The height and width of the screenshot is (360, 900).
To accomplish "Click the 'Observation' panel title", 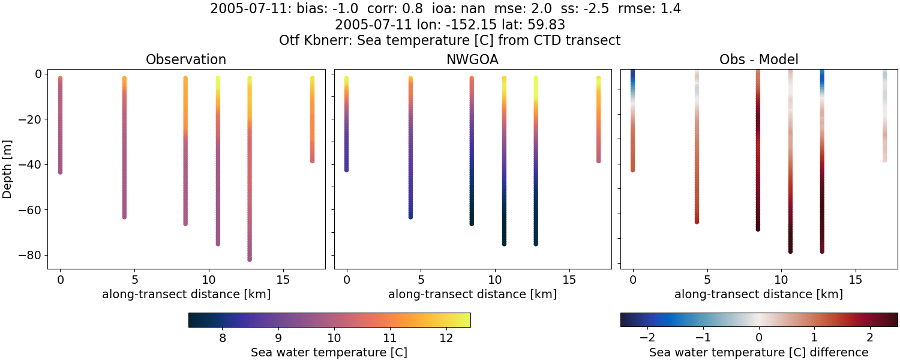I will click(186, 60).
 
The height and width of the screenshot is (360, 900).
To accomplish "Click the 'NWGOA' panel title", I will click(472, 60).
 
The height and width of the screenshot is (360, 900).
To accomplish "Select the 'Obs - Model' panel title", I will click(758, 60).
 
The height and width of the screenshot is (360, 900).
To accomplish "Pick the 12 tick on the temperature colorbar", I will click(445, 338).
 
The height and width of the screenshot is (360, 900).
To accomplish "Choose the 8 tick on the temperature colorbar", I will click(223, 338).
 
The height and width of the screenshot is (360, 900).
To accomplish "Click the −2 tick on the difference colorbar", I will click(648, 338).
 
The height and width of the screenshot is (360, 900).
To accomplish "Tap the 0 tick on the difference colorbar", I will click(759, 338).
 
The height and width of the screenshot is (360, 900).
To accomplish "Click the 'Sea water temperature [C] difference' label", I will click(758, 352).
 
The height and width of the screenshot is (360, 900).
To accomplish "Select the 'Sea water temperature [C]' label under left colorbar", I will click(329, 352).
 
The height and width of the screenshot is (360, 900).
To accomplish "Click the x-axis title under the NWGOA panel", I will click(472, 295).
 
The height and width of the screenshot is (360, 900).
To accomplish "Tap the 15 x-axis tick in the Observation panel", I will click(283, 280).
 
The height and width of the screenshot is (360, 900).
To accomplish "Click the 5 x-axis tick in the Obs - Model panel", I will click(707, 280).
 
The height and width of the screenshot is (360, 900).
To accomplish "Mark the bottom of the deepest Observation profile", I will click(249, 259).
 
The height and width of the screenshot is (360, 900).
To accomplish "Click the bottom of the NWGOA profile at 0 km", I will click(346, 170).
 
